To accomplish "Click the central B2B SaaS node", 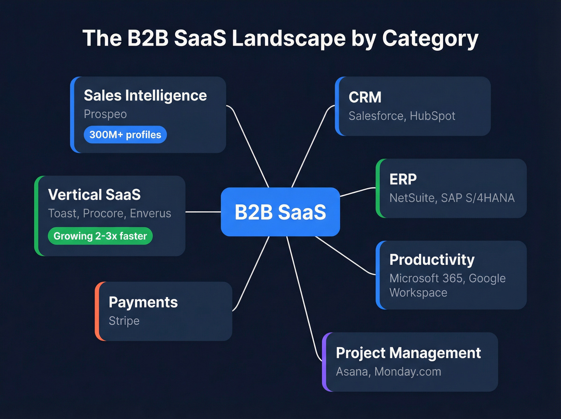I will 280,212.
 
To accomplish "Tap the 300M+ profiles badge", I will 125,135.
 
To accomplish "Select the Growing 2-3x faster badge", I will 100,236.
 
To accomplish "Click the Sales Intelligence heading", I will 145,96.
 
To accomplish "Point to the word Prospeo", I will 105,114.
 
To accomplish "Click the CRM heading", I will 365,97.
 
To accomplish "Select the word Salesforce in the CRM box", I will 376,116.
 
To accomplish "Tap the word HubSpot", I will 432,116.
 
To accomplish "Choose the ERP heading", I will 403,179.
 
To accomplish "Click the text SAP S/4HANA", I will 478,198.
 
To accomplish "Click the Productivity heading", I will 432,260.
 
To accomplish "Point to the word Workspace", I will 418,293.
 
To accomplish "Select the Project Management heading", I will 408,353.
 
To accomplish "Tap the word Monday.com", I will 408,372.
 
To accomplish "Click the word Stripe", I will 124,321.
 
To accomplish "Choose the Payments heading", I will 143,302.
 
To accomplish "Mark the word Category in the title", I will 430,39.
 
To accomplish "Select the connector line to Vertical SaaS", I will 203,212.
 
